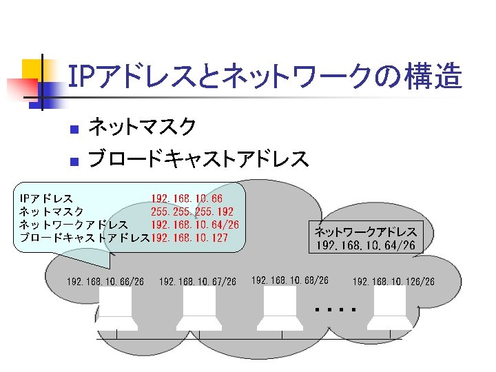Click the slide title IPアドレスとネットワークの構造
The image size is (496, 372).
point(265,77)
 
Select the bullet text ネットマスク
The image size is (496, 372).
point(143,127)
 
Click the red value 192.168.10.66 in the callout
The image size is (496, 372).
point(186,199)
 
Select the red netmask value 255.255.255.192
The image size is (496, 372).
point(192,211)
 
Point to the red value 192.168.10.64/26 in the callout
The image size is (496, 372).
point(195,225)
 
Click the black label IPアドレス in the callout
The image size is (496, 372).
point(46,199)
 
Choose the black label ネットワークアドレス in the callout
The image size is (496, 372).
point(73,225)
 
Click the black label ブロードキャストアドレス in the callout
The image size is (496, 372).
point(85,238)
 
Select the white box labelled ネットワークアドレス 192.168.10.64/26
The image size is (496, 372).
point(365,238)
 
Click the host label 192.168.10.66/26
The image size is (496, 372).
point(105,281)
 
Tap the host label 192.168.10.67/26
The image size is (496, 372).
point(197,281)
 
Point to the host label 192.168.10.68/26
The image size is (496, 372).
point(290,280)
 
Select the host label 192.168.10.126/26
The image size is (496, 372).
point(393,281)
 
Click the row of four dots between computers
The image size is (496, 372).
point(335,310)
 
